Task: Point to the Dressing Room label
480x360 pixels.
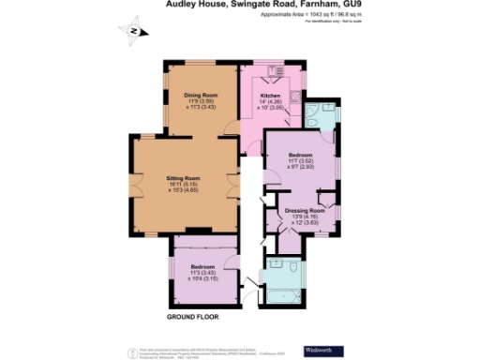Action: click(x=304, y=210)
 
